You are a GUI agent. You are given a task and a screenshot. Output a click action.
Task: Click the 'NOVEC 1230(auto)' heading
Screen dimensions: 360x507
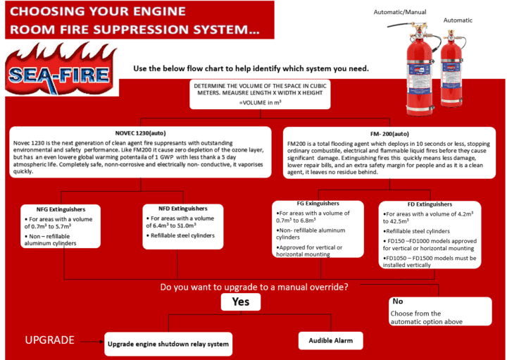pos(141,132)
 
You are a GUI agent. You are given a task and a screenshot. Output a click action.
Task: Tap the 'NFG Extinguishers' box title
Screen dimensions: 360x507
pos(62,209)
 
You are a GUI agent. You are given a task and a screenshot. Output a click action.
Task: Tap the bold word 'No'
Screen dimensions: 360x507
pos(398,302)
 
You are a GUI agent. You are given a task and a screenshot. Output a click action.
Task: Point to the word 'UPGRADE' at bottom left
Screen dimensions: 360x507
pos(49,340)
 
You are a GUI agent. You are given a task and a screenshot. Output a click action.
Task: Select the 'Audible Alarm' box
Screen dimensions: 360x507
pos(330,342)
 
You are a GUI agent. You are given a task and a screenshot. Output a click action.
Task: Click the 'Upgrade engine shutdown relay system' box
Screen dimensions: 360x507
pos(168,345)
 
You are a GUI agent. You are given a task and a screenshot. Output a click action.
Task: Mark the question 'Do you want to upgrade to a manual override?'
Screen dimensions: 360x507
pos(254,287)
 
